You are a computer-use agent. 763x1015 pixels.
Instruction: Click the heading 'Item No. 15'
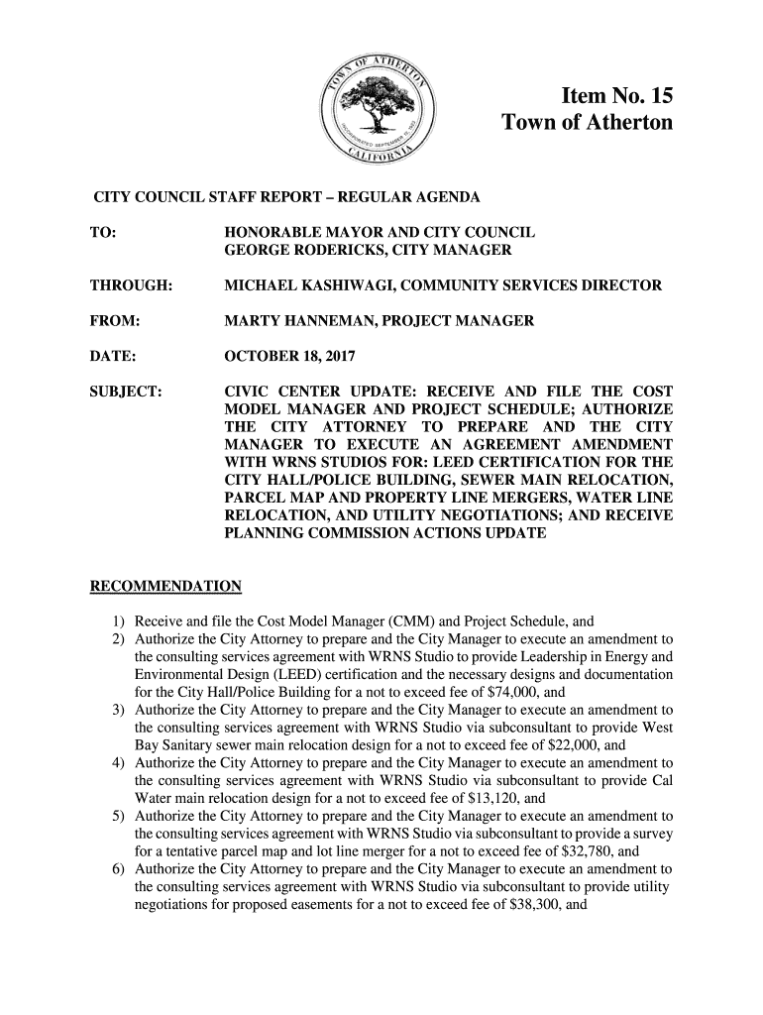[x=616, y=96]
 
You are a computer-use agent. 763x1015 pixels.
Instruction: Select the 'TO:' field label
[x=103, y=231]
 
